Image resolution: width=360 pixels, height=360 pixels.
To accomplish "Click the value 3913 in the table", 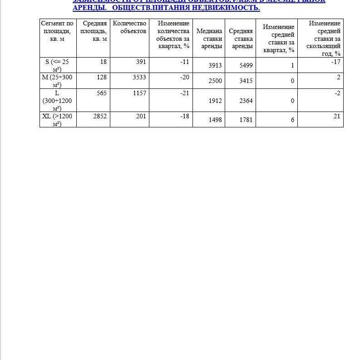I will (215, 65).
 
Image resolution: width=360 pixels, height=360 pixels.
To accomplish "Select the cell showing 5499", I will (246, 65).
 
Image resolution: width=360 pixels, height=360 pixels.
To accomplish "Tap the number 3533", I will (139, 77).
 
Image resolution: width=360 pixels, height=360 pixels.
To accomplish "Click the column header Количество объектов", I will (129, 27).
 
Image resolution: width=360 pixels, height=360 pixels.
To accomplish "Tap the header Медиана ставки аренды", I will (209, 39).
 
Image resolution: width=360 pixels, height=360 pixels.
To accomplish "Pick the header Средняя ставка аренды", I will (241, 39).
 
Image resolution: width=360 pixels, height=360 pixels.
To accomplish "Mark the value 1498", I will (215, 120).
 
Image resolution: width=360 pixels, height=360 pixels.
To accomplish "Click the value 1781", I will (246, 120).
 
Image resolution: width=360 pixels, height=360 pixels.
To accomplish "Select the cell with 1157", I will (139, 93).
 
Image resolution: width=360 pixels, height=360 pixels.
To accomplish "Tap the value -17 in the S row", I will (335, 62).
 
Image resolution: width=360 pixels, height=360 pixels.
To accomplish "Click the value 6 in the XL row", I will (292, 120).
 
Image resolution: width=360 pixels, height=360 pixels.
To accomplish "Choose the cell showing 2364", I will (246, 101).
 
